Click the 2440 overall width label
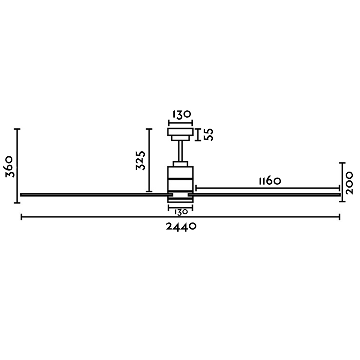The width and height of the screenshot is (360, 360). [181, 226]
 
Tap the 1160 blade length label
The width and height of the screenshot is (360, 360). [270, 181]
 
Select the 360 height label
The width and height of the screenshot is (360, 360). [10, 166]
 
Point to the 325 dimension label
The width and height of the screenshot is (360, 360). [141, 160]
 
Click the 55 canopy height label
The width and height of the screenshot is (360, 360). [209, 134]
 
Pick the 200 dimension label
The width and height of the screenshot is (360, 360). [349, 183]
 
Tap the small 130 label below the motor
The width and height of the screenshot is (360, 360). [181, 212]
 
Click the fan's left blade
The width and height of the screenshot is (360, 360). [96, 195]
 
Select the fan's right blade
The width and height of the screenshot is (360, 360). [264, 195]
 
